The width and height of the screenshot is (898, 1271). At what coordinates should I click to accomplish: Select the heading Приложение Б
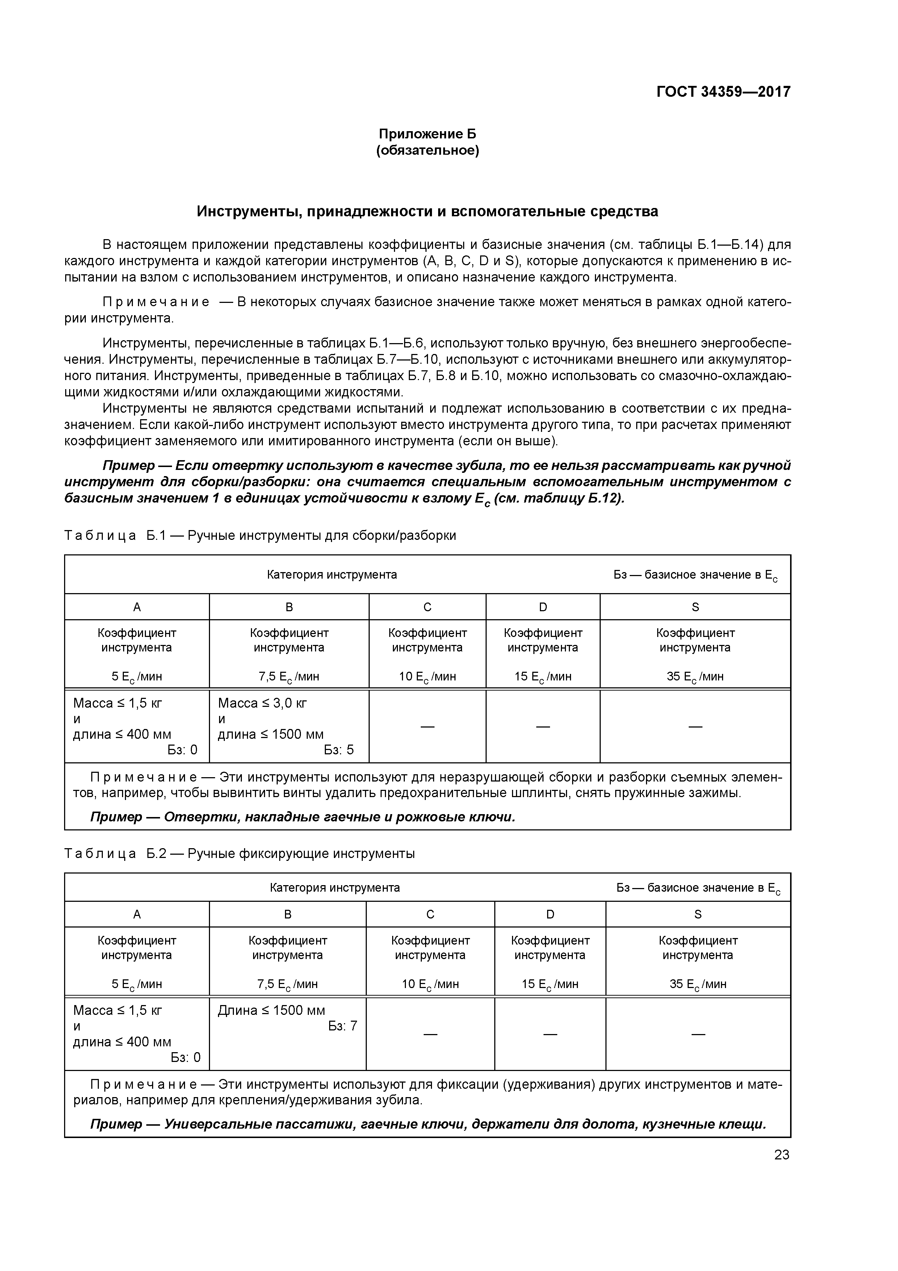(427, 134)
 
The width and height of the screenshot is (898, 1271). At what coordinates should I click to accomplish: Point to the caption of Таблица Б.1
(260, 535)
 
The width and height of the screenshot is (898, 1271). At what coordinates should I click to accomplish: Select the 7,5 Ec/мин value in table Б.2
(287, 984)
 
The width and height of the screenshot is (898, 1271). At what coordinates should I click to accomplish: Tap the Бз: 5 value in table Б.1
(339, 750)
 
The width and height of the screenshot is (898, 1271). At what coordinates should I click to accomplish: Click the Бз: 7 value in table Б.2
(343, 1026)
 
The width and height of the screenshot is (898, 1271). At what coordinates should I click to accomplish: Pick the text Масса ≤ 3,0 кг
(262, 703)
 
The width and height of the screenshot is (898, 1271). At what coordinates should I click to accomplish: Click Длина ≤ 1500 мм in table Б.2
(271, 1010)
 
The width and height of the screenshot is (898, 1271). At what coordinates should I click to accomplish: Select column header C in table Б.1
(427, 607)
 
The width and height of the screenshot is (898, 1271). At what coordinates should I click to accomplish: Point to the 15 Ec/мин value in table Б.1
(543, 676)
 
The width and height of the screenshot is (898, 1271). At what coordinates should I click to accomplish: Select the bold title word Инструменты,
(247, 212)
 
